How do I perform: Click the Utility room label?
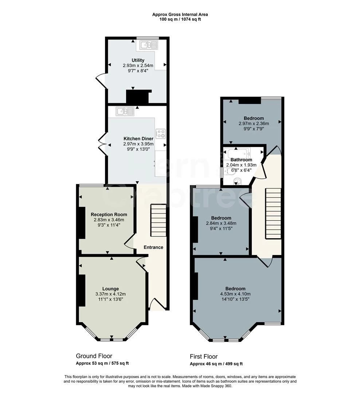click(138, 60)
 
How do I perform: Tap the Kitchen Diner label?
click(138, 139)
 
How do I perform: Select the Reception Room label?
click(109, 215)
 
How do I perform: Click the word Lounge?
click(110, 289)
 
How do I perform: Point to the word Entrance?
click(153, 247)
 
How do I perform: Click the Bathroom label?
click(241, 159)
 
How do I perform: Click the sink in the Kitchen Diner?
click(125, 111)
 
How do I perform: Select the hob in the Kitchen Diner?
click(161, 134)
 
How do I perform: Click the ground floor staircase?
click(158, 220)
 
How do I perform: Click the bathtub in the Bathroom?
click(237, 154)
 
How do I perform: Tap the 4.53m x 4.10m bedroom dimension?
click(235, 294)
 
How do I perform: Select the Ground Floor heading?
click(94, 356)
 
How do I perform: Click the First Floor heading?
click(204, 356)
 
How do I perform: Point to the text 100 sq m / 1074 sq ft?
click(180, 19)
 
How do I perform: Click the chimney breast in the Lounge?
click(82, 290)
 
